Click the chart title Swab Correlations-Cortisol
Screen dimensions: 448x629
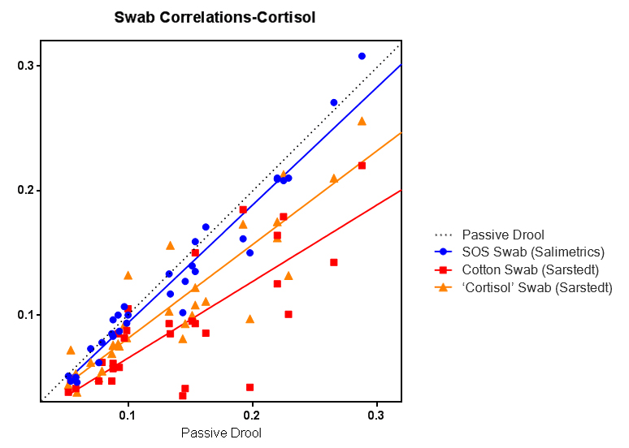pos(215,16)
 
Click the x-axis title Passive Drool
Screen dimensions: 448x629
pos(221,433)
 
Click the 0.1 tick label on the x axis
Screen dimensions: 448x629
pos(128,415)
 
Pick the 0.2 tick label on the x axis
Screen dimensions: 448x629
pos(253,415)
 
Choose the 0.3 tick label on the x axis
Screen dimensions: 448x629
pos(377,415)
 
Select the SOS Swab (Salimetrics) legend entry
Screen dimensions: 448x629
pos(532,252)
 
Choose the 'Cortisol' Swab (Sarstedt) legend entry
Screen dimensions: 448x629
pos(537,287)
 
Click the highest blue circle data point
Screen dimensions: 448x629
pos(362,56)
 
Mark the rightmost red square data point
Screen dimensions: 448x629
pos(362,166)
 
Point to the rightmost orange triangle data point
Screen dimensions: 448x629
pos(362,121)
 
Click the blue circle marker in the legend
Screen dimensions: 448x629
pos(444,252)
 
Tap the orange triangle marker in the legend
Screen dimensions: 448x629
pos(444,287)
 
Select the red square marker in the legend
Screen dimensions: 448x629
pos(444,269)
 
